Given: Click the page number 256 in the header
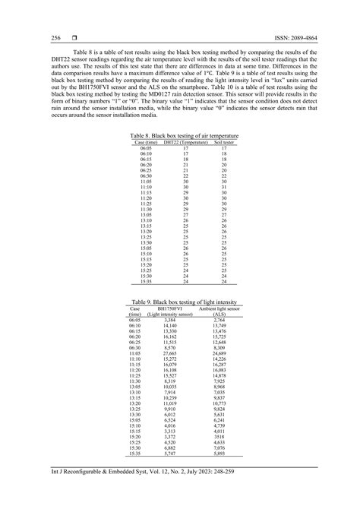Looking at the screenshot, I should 35,37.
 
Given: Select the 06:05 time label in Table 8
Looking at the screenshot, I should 146,149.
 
